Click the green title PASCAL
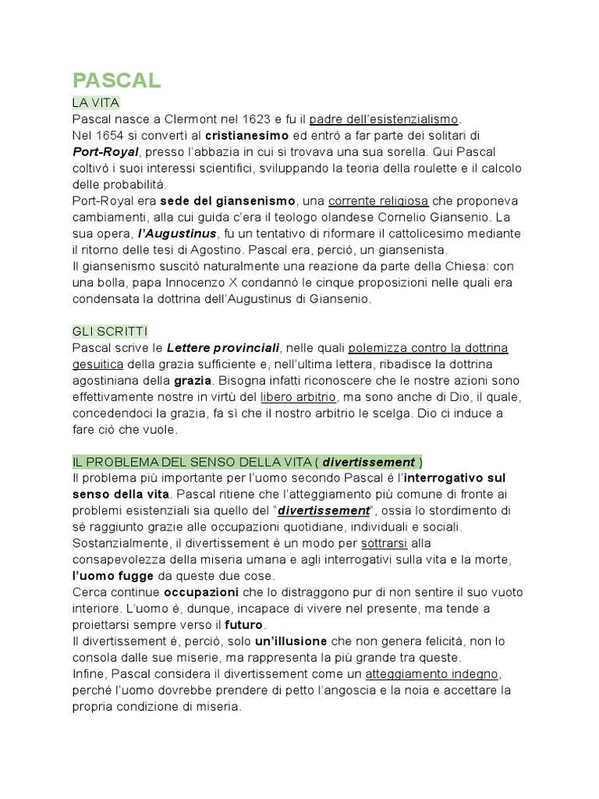116,80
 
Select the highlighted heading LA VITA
95,103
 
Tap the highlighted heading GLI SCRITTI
109,332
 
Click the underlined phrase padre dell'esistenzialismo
384,119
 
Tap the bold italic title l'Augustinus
175,233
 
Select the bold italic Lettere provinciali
223,348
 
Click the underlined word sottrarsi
385,543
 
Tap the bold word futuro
245,625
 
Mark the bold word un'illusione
291,641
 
